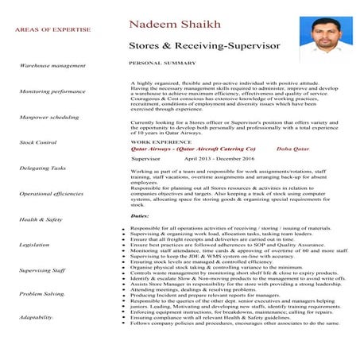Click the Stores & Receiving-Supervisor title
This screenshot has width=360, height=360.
[x=204, y=48]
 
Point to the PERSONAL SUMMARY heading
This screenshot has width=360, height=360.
[x=162, y=62]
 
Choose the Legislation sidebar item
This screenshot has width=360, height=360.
[x=35, y=245]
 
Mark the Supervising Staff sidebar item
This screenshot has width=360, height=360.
[x=43, y=270]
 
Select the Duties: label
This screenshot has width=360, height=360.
[x=140, y=215]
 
